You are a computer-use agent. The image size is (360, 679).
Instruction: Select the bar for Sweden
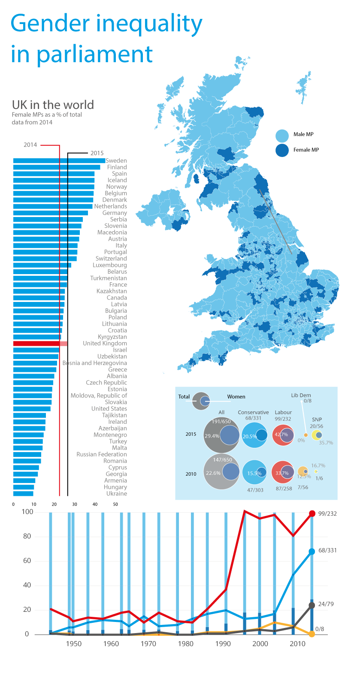pyautogui.click(x=59, y=161)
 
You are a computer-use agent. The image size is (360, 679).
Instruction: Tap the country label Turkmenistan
pyautogui.click(x=109, y=278)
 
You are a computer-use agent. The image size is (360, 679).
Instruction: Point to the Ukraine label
pyautogui.click(x=117, y=494)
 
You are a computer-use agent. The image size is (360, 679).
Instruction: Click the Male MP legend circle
pyautogui.click(x=282, y=136)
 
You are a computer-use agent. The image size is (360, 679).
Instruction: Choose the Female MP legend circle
pyautogui.click(x=282, y=150)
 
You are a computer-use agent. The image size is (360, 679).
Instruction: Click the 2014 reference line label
pyautogui.click(x=30, y=145)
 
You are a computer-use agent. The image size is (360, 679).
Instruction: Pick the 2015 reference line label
pyautogui.click(x=97, y=153)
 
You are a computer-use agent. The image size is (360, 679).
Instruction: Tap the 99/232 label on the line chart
pyautogui.click(x=327, y=514)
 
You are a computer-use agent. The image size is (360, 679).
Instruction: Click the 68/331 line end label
pyautogui.click(x=327, y=550)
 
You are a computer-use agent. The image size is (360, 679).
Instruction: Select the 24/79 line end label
pyautogui.click(x=326, y=604)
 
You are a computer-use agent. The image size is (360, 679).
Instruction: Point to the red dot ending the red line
pyautogui.click(x=312, y=514)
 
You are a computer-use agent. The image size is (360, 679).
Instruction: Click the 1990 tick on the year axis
pyautogui.click(x=223, y=643)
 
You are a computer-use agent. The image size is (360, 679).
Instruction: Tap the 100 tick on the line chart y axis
pyautogui.click(x=27, y=512)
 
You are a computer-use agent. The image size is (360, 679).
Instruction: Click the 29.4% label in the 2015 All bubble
pyautogui.click(x=212, y=436)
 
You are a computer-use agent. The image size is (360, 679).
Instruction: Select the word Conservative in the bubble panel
pyautogui.click(x=253, y=412)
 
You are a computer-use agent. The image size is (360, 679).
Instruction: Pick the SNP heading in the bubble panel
pyautogui.click(x=317, y=419)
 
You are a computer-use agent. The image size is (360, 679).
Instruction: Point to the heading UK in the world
pyautogui.click(x=53, y=105)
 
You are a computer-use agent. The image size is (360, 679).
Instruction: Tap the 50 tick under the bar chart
pyautogui.click(x=115, y=504)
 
